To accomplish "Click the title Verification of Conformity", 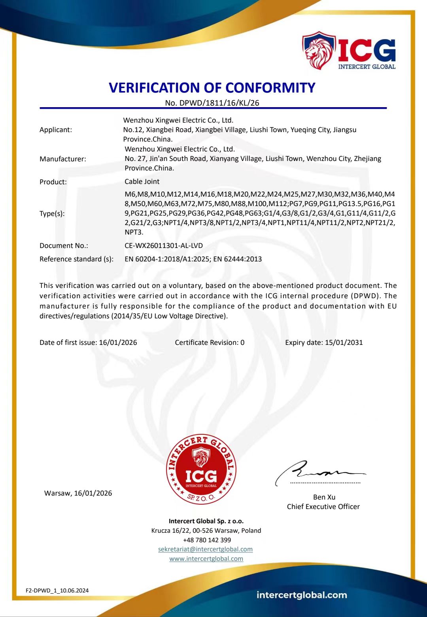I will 212,87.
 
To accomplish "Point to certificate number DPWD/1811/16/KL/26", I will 219,103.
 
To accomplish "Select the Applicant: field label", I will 56,130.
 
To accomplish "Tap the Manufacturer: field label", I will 63,159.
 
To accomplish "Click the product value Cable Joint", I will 142,182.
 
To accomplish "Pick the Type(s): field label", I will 52,214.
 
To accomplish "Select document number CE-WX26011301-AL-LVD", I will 164,246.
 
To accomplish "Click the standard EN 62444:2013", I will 238,259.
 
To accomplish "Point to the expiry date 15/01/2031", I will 344,343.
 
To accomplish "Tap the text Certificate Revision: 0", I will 210,343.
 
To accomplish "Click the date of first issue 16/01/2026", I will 118,343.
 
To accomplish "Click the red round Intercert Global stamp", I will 201,469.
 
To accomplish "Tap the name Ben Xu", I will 324,497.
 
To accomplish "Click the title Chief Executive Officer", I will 323,507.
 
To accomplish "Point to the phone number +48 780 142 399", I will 207,540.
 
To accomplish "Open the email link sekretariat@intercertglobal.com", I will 205,549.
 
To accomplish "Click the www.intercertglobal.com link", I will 206,559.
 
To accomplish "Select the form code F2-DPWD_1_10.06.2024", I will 57,591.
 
